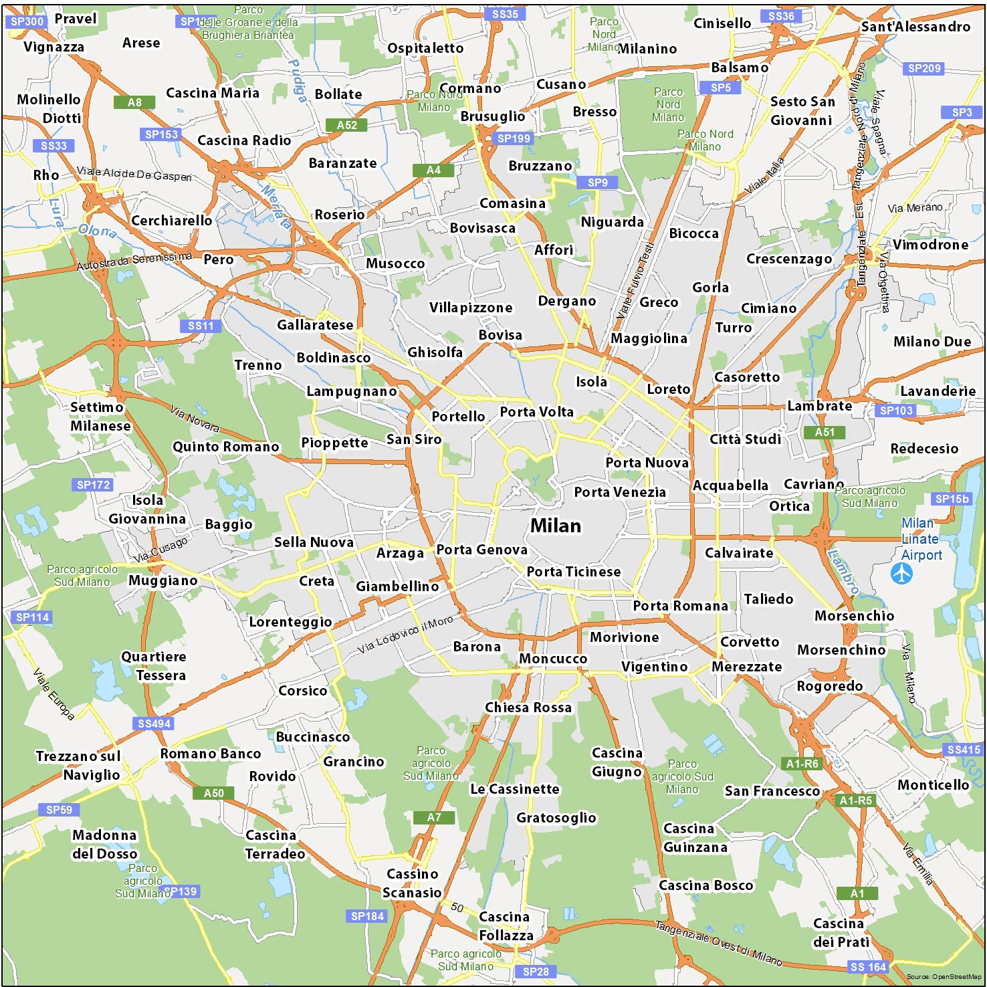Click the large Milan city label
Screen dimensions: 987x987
[556, 526]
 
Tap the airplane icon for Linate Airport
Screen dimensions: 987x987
[901, 573]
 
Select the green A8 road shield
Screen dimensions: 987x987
[134, 102]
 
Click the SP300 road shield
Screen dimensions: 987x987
[27, 21]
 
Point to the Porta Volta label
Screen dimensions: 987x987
[536, 412]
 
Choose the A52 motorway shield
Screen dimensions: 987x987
[346, 125]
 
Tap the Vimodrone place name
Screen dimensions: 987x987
[930, 245]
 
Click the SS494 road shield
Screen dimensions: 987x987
[154, 724]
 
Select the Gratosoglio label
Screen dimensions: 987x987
[556, 817]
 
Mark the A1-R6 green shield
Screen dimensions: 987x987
[802, 764]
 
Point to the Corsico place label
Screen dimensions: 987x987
[302, 691]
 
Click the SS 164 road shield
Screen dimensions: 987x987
[868, 967]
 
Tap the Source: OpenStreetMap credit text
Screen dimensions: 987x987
[944, 977]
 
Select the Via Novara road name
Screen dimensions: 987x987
[194, 418]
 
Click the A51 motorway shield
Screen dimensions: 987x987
[825, 432]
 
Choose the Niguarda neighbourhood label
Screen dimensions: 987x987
[612, 222]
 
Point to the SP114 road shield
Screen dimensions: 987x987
[32, 617]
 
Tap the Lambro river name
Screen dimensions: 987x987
[843, 572]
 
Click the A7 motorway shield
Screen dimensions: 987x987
[434, 817]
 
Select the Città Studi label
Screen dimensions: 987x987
[745, 439]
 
